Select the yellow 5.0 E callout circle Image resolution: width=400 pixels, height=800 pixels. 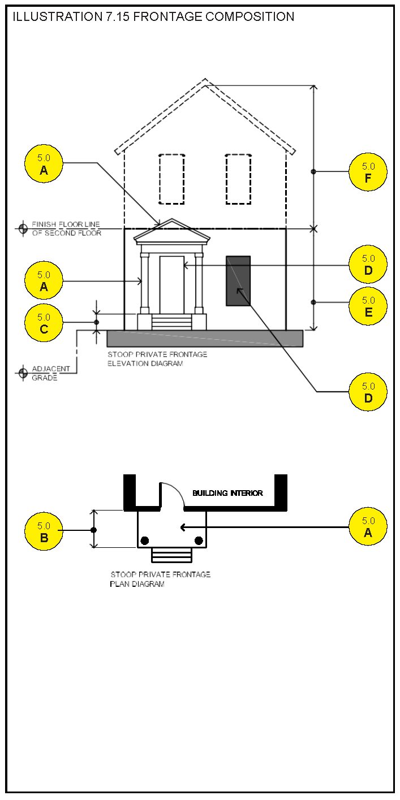(x=368, y=306)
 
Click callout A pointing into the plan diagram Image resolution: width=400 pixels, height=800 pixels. (x=368, y=526)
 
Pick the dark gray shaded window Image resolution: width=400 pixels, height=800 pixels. (x=238, y=280)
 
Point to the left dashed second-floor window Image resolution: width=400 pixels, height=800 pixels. (x=171, y=179)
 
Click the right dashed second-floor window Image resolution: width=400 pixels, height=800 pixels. (x=238, y=179)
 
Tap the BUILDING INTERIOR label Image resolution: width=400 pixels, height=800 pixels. (x=227, y=493)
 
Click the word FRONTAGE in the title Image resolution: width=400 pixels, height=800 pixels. (x=168, y=16)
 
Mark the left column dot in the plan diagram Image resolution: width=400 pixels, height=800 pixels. (x=145, y=540)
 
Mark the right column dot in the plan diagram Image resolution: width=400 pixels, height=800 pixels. (x=199, y=540)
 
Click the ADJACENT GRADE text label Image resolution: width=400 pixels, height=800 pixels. (x=51, y=373)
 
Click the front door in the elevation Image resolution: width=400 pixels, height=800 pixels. (x=172, y=284)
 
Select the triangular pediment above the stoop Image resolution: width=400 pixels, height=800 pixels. (x=172, y=232)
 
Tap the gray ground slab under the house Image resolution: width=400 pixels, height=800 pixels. (x=205, y=338)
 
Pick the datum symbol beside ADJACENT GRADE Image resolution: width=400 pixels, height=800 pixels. (x=23, y=373)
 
